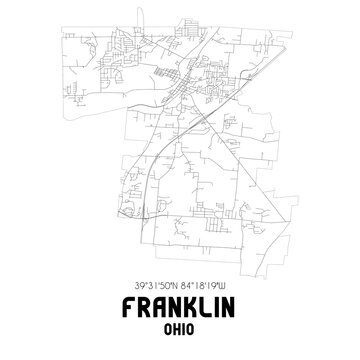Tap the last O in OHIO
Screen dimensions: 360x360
[x=194, y=326]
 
